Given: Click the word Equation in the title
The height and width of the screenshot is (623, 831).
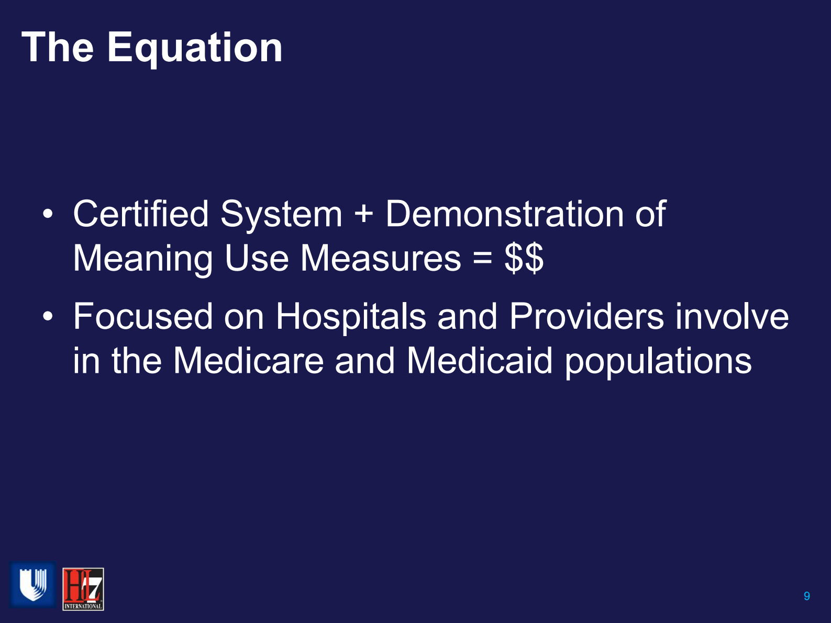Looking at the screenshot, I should [x=195, y=48].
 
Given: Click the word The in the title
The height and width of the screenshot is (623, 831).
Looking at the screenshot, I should [x=58, y=47].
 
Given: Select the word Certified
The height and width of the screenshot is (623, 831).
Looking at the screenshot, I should [x=141, y=214].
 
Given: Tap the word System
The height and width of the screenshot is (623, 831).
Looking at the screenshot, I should [x=281, y=215].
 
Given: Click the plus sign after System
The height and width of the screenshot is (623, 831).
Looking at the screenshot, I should [x=363, y=215].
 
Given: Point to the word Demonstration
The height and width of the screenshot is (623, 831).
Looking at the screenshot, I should [x=504, y=214].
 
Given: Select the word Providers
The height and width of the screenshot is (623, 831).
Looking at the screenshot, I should [x=586, y=317].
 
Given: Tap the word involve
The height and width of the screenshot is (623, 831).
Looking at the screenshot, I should [x=732, y=317].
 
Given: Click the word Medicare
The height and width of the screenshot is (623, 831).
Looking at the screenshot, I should [x=248, y=361].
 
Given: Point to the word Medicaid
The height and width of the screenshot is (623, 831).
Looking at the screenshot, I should [x=479, y=361].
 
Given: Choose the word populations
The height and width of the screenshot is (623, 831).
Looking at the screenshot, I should [x=658, y=362].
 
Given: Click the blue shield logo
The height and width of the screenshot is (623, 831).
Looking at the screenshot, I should [x=32, y=585].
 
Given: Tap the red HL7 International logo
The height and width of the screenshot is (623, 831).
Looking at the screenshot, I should [x=83, y=589].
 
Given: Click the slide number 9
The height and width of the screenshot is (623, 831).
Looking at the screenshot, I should [x=806, y=596].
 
